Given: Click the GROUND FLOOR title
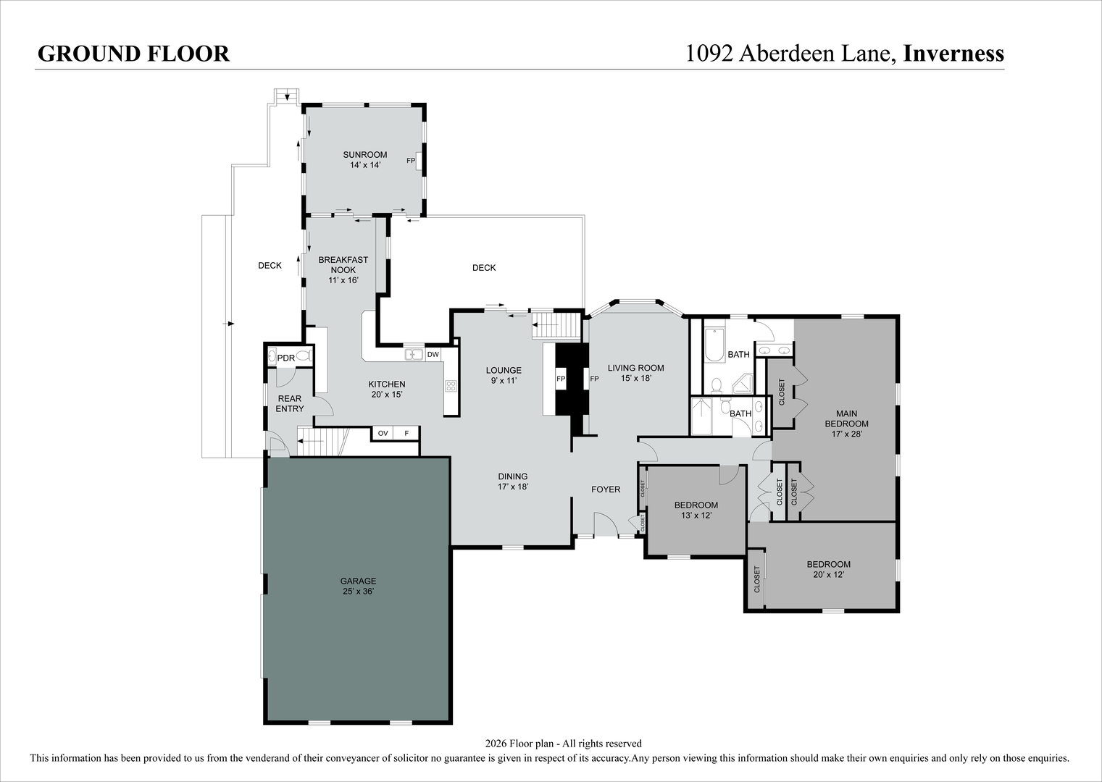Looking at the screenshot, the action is coord(133,54).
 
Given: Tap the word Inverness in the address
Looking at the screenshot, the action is coord(954,53).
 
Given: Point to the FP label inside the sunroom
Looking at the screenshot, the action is coord(411,160).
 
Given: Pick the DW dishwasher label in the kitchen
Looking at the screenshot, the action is coord(433,354).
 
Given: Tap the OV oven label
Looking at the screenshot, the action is coord(383,433).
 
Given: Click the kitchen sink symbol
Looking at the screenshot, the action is coord(414,354).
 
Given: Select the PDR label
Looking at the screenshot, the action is coord(286,358).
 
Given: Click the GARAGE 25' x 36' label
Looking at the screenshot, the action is coord(359,586).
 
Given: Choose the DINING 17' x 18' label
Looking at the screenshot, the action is coord(513,482).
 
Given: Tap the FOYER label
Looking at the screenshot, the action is coord(606,489).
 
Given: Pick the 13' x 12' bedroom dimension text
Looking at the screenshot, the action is coord(696,515).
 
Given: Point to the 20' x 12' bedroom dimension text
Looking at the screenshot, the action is coord(828,574).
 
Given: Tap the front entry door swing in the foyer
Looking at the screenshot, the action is coord(606,524).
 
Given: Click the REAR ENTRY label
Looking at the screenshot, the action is coord(290,403).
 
